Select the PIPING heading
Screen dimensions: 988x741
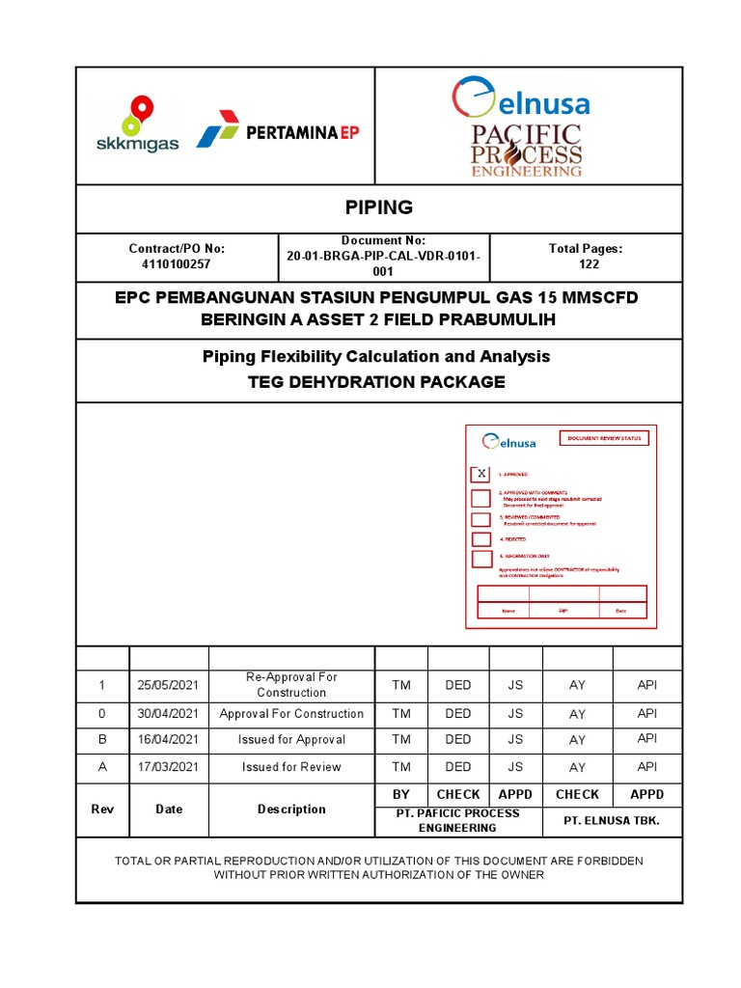coord(378,207)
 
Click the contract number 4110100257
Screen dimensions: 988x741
coord(177,263)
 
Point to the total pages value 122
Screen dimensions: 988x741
coord(586,263)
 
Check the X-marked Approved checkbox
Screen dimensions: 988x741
coord(480,474)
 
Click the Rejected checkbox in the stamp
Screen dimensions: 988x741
coord(480,539)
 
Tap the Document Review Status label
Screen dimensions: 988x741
coord(604,438)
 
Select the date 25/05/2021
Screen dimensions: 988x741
coord(168,685)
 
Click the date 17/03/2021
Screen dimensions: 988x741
coord(168,767)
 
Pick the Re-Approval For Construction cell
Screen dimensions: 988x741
coord(291,685)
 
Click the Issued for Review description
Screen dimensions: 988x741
coord(291,767)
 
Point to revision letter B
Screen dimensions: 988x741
coord(101,740)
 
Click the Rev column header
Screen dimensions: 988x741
coord(101,810)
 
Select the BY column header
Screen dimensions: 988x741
coord(401,794)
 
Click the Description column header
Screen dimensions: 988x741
coord(291,810)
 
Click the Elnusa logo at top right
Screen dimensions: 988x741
coord(520,99)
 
